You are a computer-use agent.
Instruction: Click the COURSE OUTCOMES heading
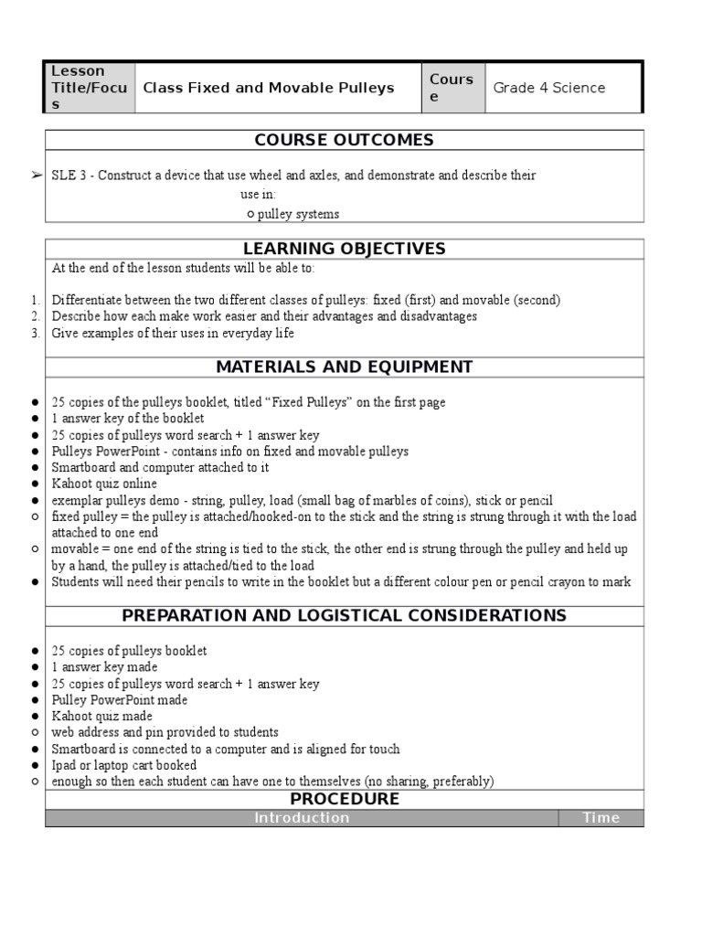[344, 140]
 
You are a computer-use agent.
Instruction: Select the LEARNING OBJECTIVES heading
[344, 249]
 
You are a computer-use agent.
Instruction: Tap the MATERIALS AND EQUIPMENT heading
[344, 367]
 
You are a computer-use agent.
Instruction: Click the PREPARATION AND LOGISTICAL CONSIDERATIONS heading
[344, 615]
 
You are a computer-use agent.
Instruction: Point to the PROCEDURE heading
[344, 799]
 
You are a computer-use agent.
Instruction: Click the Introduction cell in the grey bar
[302, 818]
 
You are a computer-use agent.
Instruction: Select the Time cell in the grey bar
[601, 818]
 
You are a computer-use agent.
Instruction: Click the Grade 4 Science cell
[548, 88]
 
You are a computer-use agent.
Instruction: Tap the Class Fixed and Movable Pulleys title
[268, 88]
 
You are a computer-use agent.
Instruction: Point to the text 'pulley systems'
[298, 214]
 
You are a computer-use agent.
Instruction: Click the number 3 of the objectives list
[35, 333]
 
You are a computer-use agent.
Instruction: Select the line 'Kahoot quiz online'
[104, 484]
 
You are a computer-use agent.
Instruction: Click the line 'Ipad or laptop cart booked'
[123, 765]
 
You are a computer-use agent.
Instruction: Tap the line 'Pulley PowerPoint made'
[119, 699]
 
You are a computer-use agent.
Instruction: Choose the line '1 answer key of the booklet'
[128, 419]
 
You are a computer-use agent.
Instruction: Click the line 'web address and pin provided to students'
[165, 732]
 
